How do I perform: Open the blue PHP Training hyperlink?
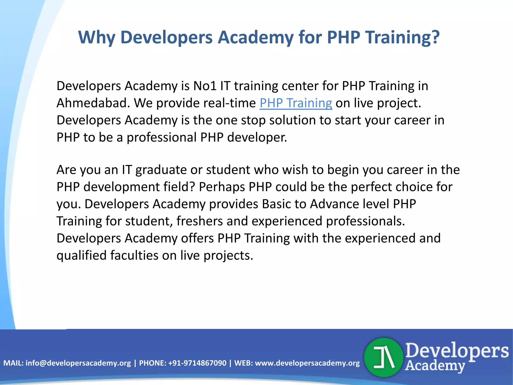[296, 103]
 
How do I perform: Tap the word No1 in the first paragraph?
[205, 86]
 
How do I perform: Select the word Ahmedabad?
[93, 103]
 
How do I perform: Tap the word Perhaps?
[222, 187]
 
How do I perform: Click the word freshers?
[200, 221]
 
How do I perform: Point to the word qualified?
[82, 255]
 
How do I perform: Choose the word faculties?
[134, 255]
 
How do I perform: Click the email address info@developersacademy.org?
[78, 363]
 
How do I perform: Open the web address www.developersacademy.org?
[307, 363]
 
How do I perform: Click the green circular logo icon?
[383, 357]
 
